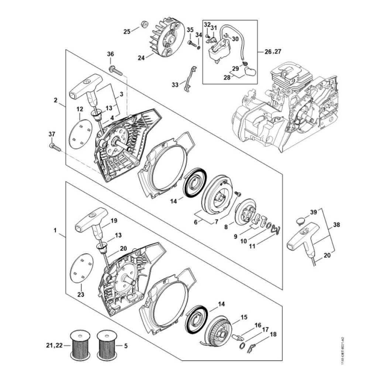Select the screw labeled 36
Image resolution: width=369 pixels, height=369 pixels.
115,70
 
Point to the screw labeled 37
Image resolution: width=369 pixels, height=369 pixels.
55,147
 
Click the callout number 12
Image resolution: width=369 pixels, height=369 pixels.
80,109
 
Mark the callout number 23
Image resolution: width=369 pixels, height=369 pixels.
81,294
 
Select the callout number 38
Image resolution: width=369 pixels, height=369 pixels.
337,224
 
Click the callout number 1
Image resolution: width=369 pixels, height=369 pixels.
55,230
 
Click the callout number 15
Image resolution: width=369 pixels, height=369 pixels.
244,317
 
